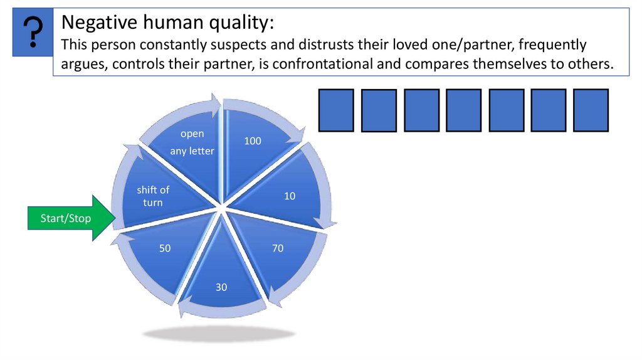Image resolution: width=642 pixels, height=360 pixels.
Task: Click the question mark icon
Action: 33,33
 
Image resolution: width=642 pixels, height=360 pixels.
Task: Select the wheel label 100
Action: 253,141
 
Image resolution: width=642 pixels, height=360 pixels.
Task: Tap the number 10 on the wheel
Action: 289,196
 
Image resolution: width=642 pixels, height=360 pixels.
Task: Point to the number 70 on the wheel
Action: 278,248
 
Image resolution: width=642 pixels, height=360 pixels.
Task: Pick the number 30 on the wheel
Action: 221,287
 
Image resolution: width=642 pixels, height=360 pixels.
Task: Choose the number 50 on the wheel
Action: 165,248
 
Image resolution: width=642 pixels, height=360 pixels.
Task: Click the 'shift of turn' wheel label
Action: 153,196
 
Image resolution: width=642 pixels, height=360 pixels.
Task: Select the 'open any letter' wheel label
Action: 192,142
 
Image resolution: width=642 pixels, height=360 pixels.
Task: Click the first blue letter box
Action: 337,110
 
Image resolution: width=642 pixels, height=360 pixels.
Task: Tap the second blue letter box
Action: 379,111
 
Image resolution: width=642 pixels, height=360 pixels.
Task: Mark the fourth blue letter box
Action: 464,110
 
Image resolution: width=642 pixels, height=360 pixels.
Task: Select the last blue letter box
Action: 591,110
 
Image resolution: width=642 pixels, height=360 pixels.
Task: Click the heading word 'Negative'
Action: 96,24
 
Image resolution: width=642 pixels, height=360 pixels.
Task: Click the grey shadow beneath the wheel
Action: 219,333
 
